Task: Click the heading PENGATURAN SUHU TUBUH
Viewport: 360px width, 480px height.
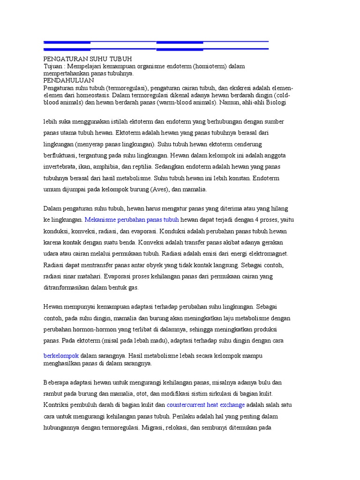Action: (x=88, y=59)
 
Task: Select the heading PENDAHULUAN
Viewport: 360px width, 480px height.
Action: (x=68, y=80)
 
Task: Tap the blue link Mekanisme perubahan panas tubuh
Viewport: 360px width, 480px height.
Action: (x=132, y=219)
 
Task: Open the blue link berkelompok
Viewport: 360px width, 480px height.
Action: (x=61, y=356)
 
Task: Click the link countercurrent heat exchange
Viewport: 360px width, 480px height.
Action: (x=206, y=405)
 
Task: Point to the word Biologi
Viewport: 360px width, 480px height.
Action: (x=276, y=102)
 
